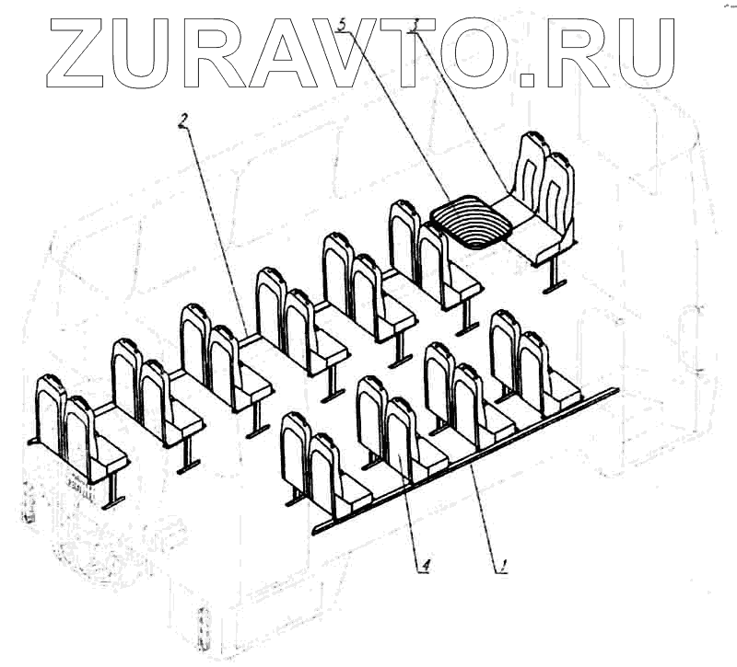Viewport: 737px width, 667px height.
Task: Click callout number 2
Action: [185, 120]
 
